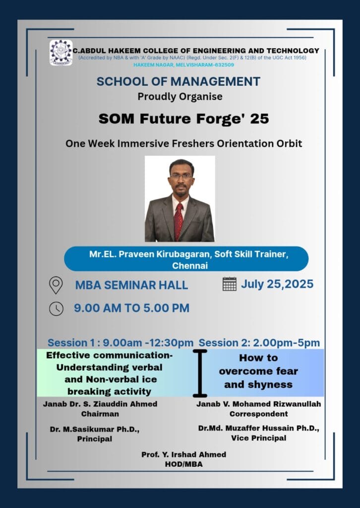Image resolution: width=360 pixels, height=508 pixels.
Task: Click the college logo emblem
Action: (61, 53)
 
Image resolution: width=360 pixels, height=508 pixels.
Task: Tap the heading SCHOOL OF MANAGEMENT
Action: (179, 81)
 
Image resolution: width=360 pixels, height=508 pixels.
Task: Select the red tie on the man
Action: (179, 221)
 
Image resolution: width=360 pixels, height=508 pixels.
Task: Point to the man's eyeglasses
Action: (181, 176)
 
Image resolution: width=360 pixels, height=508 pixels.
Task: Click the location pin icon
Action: (56, 285)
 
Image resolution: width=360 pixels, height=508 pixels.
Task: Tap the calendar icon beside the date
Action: (230, 284)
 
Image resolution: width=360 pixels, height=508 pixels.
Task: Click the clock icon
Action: (57, 309)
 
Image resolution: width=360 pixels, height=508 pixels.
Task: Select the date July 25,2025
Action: (277, 284)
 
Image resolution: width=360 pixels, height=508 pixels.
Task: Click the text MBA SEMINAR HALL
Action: (131, 285)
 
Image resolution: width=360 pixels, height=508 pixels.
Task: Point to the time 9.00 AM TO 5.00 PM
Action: (132, 308)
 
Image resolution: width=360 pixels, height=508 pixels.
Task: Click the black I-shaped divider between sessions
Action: (200, 373)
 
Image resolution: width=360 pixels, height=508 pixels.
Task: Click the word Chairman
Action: (100, 414)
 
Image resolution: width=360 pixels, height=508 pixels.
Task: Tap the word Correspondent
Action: (259, 414)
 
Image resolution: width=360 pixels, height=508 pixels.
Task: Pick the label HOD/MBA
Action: (183, 464)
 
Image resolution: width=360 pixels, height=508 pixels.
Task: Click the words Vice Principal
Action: (259, 438)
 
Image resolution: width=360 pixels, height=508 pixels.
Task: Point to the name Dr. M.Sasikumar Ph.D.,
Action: (95, 430)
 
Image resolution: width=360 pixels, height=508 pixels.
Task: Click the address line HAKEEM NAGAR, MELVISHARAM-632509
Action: (183, 65)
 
